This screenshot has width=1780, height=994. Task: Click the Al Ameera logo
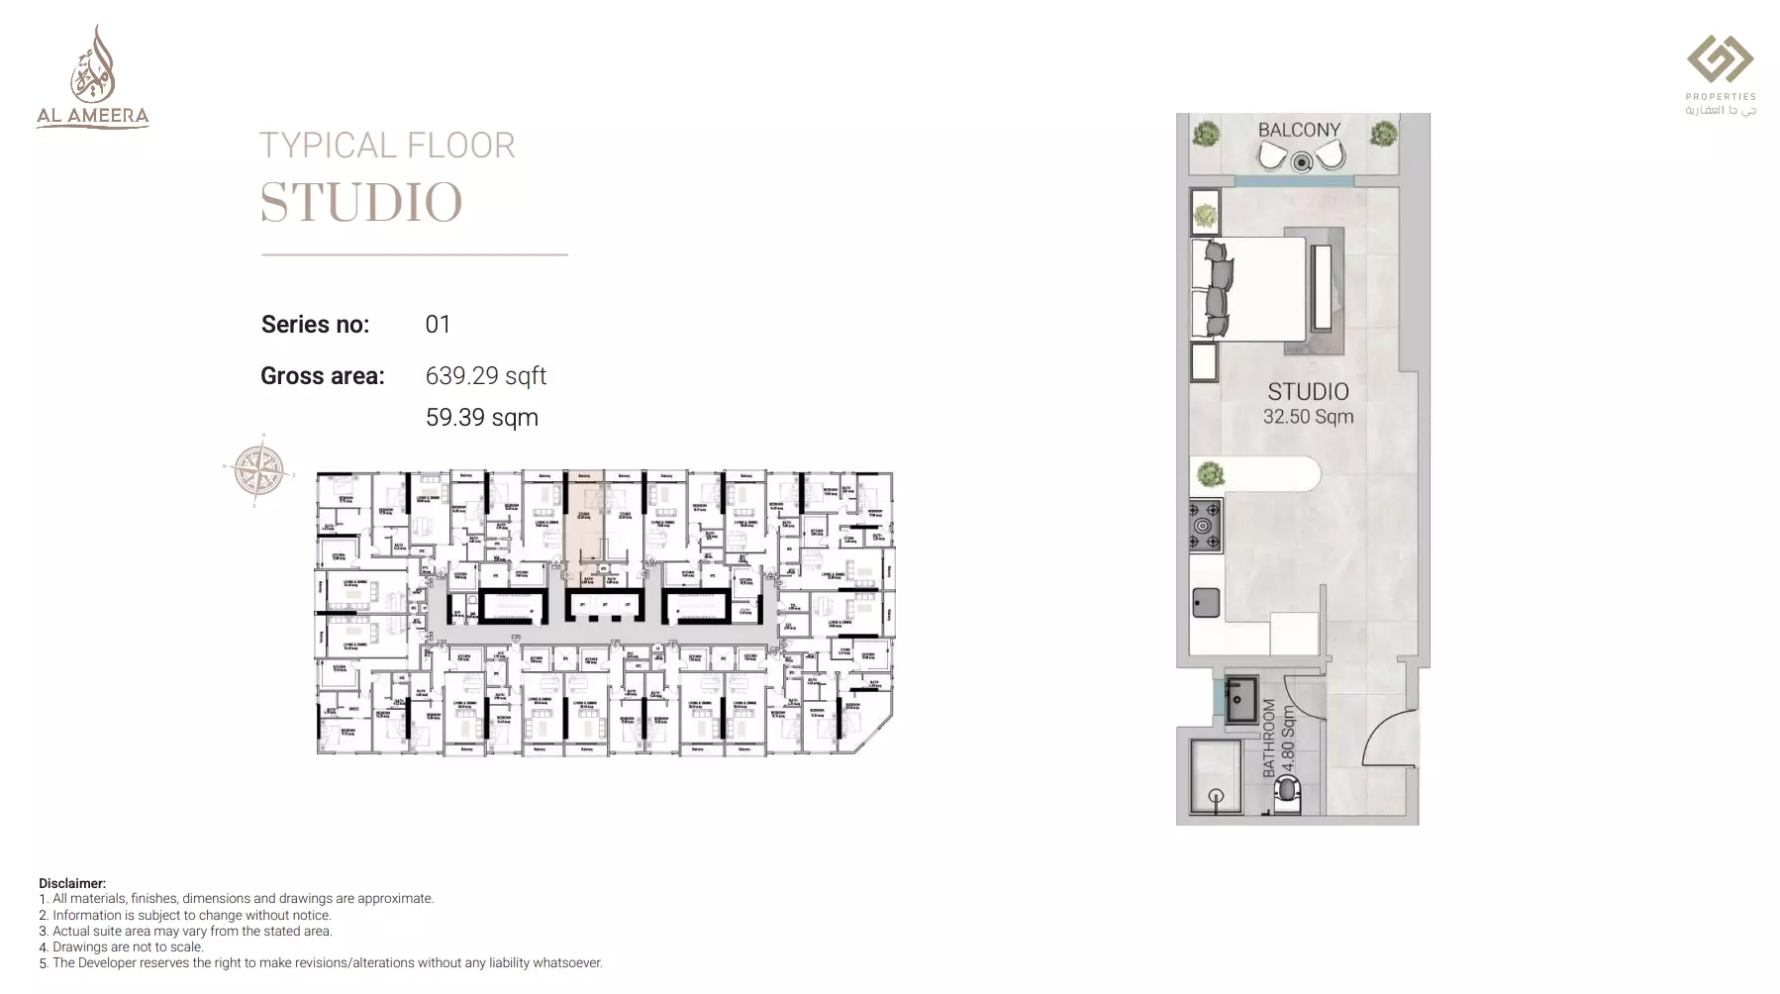click(92, 78)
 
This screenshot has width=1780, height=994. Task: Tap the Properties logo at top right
click(1721, 74)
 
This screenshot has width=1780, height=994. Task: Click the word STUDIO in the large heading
click(361, 203)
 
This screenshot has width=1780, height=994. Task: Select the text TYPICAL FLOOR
click(387, 147)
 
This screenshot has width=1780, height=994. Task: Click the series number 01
click(438, 325)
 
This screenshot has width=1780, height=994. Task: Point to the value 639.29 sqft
click(485, 376)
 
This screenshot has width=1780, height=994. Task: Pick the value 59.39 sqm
click(481, 418)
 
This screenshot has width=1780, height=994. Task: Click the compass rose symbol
click(259, 470)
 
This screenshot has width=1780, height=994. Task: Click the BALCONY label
click(1299, 130)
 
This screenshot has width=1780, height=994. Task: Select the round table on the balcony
click(1301, 161)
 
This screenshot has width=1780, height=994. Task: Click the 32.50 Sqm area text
click(1308, 417)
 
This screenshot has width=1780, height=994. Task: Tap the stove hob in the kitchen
click(1205, 526)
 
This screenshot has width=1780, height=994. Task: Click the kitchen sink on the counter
click(1205, 602)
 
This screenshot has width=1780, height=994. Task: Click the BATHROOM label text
click(1269, 738)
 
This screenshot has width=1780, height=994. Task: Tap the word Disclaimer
click(71, 883)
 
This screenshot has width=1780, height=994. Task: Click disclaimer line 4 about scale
click(121, 946)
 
